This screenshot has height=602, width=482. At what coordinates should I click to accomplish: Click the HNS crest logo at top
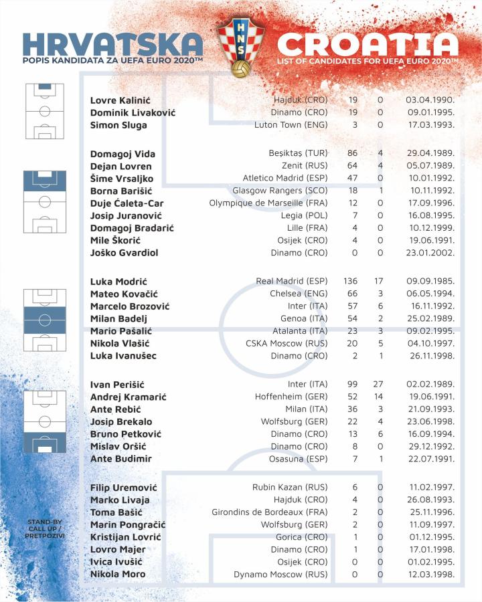[241, 47]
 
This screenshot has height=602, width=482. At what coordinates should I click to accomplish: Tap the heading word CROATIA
[368, 45]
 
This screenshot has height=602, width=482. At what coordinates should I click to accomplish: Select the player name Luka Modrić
[118, 282]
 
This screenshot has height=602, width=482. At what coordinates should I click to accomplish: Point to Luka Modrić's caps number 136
[350, 282]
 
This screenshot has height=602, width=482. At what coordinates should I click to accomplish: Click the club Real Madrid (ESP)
[292, 282]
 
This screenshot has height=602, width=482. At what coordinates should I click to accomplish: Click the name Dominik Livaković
[133, 112]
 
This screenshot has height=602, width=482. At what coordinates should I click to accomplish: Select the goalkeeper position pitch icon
[45, 111]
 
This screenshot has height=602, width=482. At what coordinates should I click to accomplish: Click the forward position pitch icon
[45, 421]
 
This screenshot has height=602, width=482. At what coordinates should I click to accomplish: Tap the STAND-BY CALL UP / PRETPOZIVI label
[46, 528]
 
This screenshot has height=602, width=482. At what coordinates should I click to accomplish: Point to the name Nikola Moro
[118, 574]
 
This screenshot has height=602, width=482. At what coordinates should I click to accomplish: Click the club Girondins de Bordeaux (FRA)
[272, 512]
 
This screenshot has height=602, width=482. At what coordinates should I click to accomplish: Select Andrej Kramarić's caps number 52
[353, 397]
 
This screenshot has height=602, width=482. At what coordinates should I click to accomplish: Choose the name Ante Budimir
[121, 459]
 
